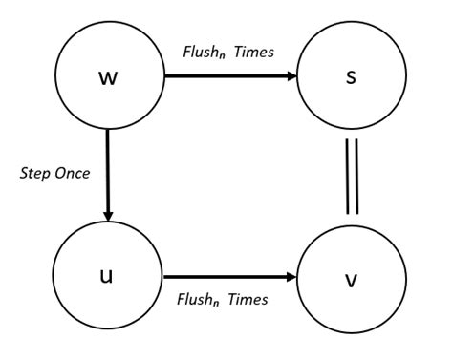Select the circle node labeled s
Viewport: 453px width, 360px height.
pos(350,77)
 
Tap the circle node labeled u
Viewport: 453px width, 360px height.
pos(106,276)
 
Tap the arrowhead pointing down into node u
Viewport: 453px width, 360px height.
pos(108,215)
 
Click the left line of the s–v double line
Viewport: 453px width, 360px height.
pos(346,177)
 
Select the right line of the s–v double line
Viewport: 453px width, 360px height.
pos(356,177)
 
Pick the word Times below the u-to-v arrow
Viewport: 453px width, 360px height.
pos(247,299)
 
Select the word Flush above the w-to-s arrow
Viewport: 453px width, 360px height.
pos(198,52)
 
